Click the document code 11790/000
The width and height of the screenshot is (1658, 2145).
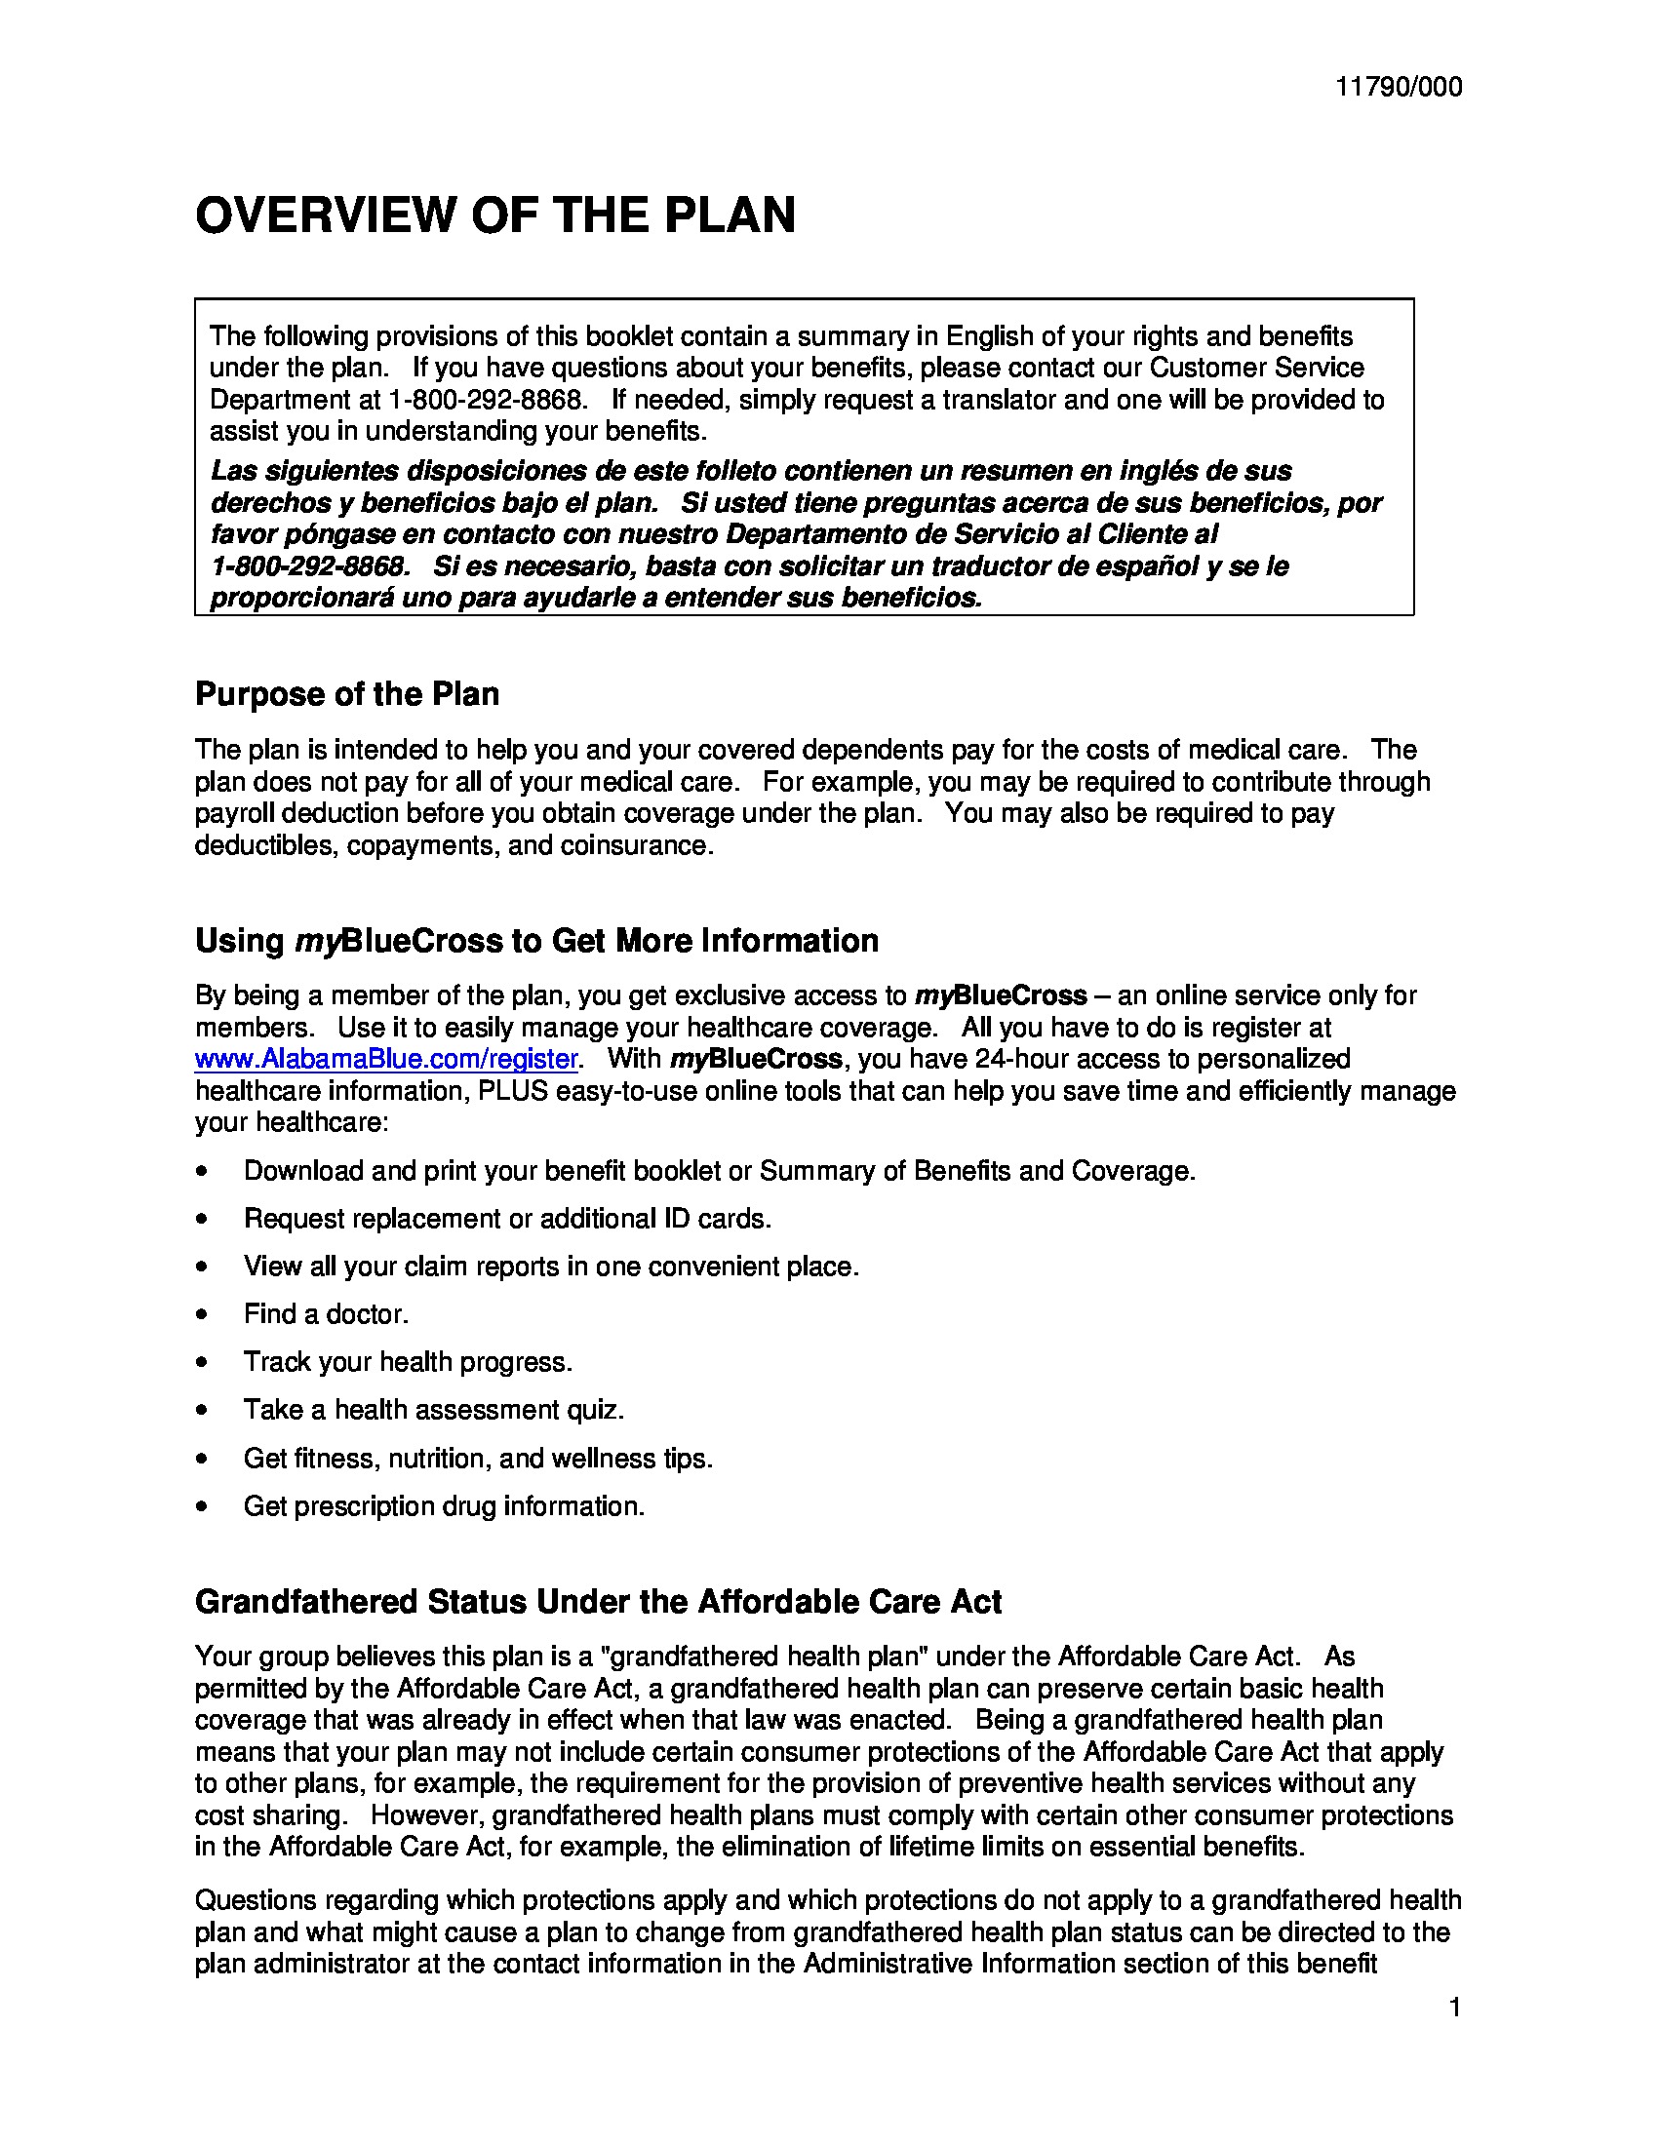click(1398, 88)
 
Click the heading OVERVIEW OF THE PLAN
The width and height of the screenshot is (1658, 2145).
click(495, 215)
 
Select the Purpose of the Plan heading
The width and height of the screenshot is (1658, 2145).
click(347, 694)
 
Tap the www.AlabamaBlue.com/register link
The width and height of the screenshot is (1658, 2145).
click(386, 1059)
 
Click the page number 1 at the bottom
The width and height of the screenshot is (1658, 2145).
click(1455, 2008)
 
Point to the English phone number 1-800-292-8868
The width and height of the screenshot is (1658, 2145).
click(488, 400)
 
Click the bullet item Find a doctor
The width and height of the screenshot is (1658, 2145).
click(325, 1314)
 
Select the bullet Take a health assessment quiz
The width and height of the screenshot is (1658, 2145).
click(433, 1411)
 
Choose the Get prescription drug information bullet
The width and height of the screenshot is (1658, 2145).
click(444, 1505)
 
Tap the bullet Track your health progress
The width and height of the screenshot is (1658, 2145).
click(408, 1362)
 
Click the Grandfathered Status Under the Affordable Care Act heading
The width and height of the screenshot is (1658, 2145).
click(597, 1602)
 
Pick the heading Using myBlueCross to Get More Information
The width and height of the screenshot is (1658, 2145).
click(536, 941)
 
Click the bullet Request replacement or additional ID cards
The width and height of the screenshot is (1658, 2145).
click(507, 1219)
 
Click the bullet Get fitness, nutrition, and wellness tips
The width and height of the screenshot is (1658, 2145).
click(477, 1459)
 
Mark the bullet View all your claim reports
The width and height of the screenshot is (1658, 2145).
click(551, 1267)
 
